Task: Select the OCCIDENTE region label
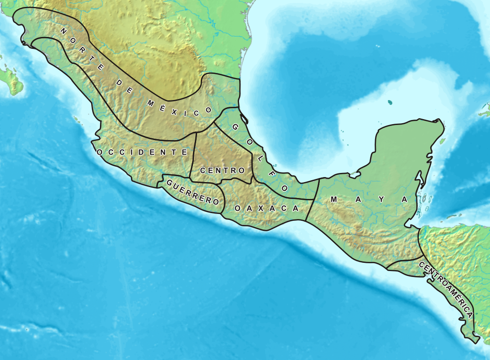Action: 142,152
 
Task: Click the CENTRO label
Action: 223,170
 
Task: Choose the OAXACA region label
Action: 266,208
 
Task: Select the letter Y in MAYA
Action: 381,199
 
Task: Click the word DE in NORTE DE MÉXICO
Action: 124,87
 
